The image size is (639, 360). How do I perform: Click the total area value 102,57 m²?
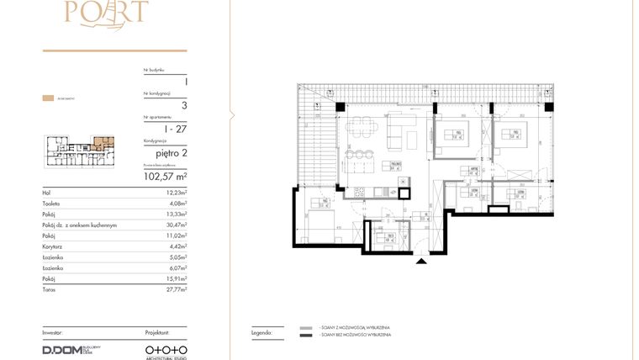(164, 177)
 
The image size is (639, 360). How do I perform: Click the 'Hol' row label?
(46, 193)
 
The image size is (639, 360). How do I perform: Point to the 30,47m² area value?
(175, 225)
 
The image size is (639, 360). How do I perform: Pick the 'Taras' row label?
(48, 289)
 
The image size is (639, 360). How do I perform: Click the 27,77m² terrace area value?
(175, 289)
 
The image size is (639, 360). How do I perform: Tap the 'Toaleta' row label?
(51, 204)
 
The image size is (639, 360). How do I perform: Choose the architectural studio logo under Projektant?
(166, 349)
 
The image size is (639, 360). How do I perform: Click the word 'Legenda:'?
(262, 332)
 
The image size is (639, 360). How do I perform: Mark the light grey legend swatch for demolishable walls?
(305, 327)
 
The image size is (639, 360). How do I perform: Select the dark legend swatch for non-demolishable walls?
(305, 336)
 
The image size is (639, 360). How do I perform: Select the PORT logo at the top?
(114, 11)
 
